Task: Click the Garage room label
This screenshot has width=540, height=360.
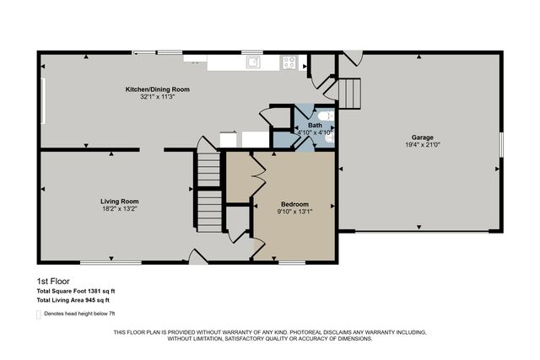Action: point(423,137)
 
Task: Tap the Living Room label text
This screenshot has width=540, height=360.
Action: point(119,201)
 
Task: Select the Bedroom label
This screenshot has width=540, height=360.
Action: point(294,204)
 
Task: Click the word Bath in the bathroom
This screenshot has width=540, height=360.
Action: point(315,126)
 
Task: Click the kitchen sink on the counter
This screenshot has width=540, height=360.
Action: point(251,61)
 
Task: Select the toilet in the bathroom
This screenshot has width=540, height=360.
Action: point(326,117)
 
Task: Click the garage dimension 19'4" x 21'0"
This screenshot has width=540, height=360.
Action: point(423,144)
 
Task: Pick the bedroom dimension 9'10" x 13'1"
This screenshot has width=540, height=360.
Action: point(294,212)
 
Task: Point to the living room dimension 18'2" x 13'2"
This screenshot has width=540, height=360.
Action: point(119,208)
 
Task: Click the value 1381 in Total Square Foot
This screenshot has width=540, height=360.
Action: point(108,290)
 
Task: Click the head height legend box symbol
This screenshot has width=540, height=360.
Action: point(39,314)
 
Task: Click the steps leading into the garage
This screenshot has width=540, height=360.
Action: point(348,90)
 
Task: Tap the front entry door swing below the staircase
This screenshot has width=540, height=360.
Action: point(197,255)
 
